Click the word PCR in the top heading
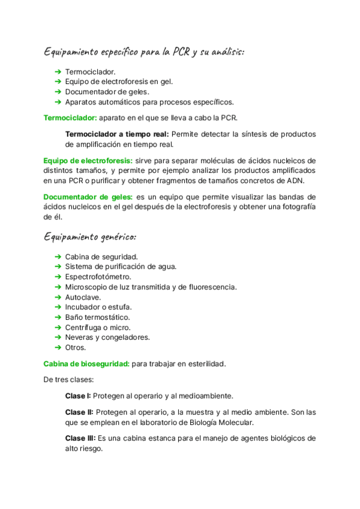click(x=182, y=52)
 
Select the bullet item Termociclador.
click(x=91, y=72)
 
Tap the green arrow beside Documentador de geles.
click(x=58, y=92)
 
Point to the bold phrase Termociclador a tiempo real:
click(x=117, y=134)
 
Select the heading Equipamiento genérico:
click(x=90, y=236)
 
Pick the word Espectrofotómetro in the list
click(x=98, y=277)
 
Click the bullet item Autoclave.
click(x=83, y=297)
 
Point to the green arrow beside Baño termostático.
click(x=58, y=317)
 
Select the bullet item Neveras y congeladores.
click(x=107, y=337)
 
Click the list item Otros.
click(x=76, y=347)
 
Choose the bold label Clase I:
click(x=78, y=396)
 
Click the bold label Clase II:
click(x=79, y=412)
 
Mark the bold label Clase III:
click(x=80, y=438)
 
